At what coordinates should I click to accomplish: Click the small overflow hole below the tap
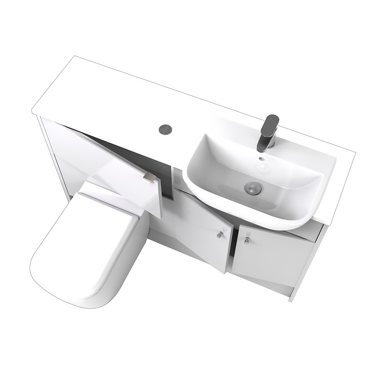(x=260, y=159)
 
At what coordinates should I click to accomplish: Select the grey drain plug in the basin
(x=252, y=188)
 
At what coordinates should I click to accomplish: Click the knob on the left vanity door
(x=220, y=234)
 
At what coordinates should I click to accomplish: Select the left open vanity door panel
(x=203, y=230)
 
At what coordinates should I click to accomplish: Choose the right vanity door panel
(x=273, y=257)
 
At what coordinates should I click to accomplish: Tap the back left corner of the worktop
(x=74, y=57)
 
